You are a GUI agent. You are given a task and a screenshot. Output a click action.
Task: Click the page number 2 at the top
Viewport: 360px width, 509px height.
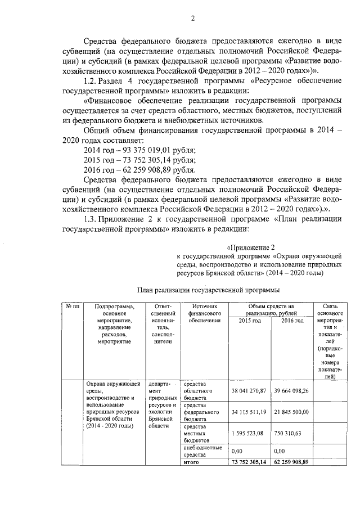pos(192,18)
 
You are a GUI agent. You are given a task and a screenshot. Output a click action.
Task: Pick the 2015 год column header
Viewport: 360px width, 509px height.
pos(250,321)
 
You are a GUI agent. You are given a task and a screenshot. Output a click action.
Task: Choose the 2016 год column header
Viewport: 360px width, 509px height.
pos(292,321)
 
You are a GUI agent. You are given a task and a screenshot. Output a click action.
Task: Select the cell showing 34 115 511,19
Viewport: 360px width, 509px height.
pos(250,412)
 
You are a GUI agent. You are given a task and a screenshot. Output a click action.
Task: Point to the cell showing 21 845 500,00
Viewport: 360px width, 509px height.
pos(291,412)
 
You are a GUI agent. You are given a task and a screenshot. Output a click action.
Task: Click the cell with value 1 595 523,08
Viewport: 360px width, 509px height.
pos(250,434)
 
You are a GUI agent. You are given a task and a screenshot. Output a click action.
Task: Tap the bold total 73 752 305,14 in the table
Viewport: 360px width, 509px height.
pos(250,462)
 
